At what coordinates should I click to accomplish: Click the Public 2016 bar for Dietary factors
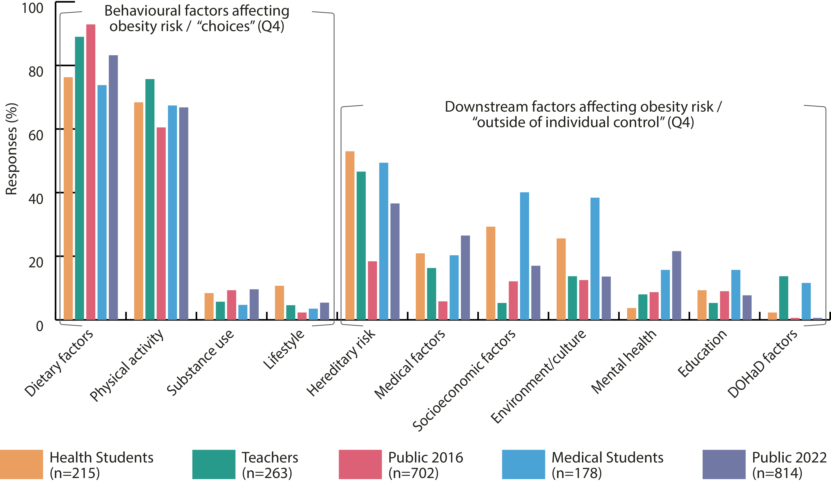[91, 172]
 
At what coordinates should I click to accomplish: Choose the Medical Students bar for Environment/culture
[595, 259]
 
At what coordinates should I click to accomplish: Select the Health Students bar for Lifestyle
[279, 303]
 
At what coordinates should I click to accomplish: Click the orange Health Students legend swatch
[21, 464]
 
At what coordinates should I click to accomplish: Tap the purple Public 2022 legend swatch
[724, 464]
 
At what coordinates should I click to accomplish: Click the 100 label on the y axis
[32, 8]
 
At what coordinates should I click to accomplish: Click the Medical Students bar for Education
[736, 295]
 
